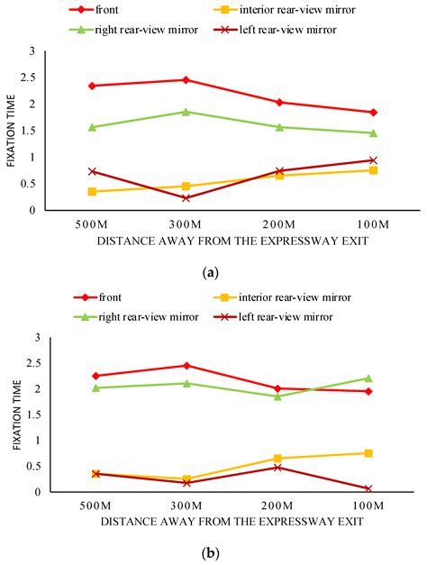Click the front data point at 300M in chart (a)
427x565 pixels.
pyautogui.click(x=186, y=80)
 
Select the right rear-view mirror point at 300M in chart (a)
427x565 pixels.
pyautogui.click(x=186, y=112)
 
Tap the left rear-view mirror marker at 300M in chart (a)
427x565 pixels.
pyautogui.click(x=186, y=198)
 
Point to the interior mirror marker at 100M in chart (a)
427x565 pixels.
pyautogui.click(x=372, y=170)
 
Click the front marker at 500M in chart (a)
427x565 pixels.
pyautogui.click(x=93, y=86)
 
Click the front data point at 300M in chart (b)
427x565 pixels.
pyautogui.click(x=186, y=366)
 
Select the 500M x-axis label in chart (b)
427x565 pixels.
pyautogui.click(x=93, y=506)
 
